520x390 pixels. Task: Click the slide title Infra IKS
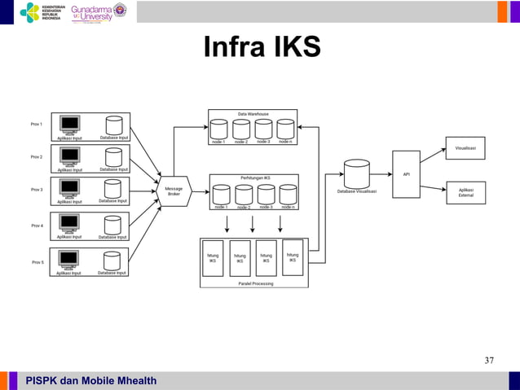coord(262,47)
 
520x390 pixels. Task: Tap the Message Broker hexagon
coord(174,190)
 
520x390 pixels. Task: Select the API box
coord(406,173)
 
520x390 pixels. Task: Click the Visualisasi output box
coord(465,148)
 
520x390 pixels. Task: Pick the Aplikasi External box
coord(465,192)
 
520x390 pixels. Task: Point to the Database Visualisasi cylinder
coord(356,174)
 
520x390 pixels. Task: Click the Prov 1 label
coord(37,124)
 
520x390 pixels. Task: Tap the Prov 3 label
coord(37,190)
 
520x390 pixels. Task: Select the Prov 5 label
coord(37,262)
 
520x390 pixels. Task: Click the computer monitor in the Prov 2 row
coord(70,155)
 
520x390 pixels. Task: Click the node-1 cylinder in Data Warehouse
coord(218,129)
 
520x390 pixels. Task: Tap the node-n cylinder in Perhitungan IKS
coord(288,195)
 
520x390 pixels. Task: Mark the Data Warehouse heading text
coord(253,114)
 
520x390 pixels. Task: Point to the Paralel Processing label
coord(256,283)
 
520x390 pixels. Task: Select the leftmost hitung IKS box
coord(213,258)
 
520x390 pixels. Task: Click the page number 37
coord(489,361)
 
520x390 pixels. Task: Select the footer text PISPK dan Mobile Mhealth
coord(90,381)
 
